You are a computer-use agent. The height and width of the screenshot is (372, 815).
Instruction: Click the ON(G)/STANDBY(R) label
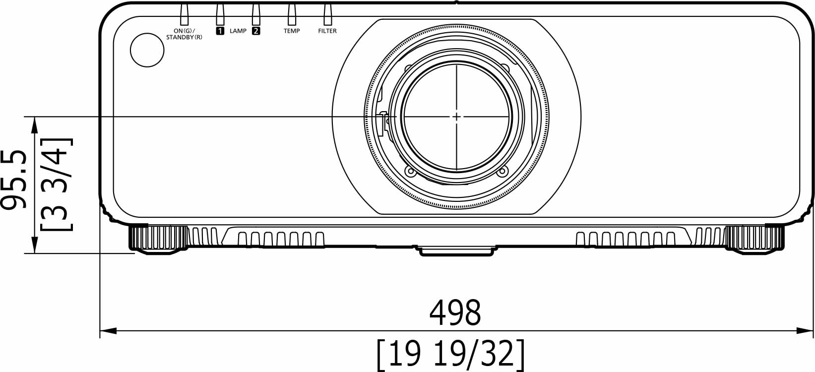click(x=184, y=34)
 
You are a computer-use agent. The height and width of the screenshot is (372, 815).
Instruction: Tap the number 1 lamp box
click(x=220, y=31)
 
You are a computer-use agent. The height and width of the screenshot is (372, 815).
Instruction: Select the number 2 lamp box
click(x=256, y=31)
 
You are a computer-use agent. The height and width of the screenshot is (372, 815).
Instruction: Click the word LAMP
click(x=238, y=31)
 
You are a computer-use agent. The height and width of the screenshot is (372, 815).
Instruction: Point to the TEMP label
click(x=292, y=31)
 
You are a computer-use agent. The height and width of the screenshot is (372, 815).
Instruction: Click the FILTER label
click(x=327, y=31)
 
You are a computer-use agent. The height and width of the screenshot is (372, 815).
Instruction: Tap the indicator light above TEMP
click(x=292, y=14)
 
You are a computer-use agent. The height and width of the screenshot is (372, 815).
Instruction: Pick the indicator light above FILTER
click(x=328, y=14)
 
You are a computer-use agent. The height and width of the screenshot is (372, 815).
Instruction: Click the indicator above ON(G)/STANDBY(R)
click(x=185, y=14)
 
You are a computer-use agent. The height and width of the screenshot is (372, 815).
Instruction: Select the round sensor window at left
click(x=147, y=50)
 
